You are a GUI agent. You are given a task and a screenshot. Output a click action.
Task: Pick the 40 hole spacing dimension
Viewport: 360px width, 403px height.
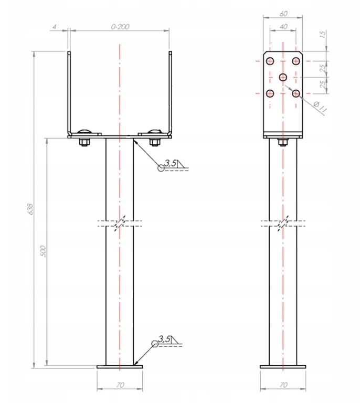(283, 26)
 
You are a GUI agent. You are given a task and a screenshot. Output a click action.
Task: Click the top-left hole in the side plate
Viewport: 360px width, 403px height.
(270, 61)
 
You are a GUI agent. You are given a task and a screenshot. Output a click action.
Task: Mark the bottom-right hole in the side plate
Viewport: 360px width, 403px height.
(297, 93)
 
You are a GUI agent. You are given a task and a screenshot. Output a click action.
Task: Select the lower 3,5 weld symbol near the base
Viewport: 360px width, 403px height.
(164, 341)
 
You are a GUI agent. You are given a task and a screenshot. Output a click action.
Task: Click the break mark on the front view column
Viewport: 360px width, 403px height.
(120, 222)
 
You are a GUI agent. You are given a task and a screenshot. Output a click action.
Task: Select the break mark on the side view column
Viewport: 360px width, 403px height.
(283, 222)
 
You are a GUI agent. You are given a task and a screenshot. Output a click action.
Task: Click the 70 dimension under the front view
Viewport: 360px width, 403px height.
(120, 385)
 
